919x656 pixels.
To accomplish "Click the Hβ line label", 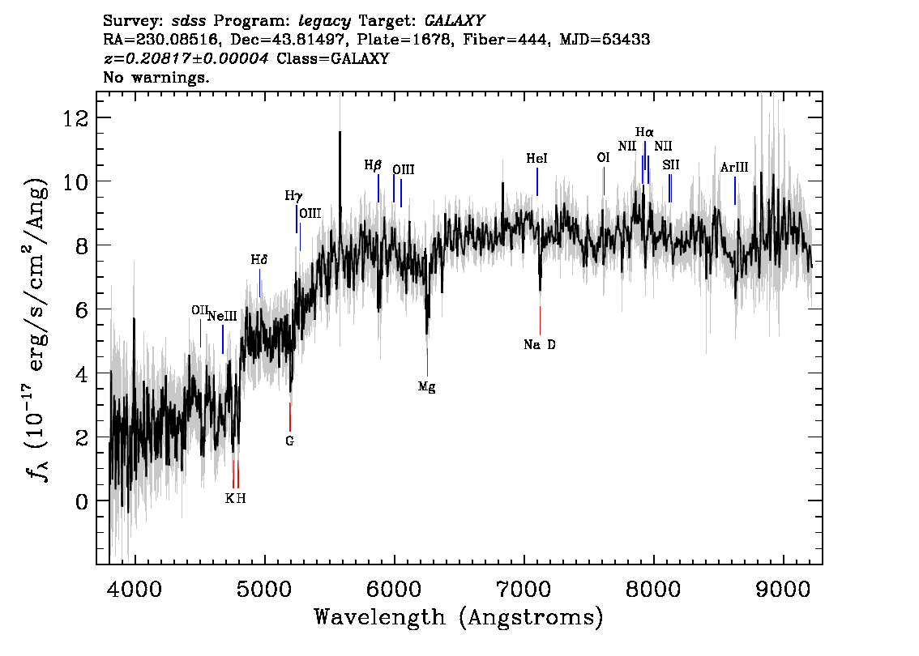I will (373, 165).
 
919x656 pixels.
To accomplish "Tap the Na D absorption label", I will (540, 344).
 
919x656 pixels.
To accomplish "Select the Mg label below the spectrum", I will (427, 387).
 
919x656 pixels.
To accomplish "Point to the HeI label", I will (536, 160).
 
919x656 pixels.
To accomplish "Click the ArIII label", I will (734, 168).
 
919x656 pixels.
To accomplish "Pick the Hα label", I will (644, 132).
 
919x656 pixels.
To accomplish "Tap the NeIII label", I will (222, 317).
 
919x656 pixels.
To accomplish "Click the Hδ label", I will (259, 260).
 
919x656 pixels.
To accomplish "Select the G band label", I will (289, 441).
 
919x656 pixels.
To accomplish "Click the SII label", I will (670, 164).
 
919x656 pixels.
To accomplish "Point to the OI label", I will (603, 158).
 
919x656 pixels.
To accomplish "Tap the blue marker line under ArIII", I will (735, 191).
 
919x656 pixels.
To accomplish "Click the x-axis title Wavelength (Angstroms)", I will (459, 618).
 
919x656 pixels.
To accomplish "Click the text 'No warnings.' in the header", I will (156, 78).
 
